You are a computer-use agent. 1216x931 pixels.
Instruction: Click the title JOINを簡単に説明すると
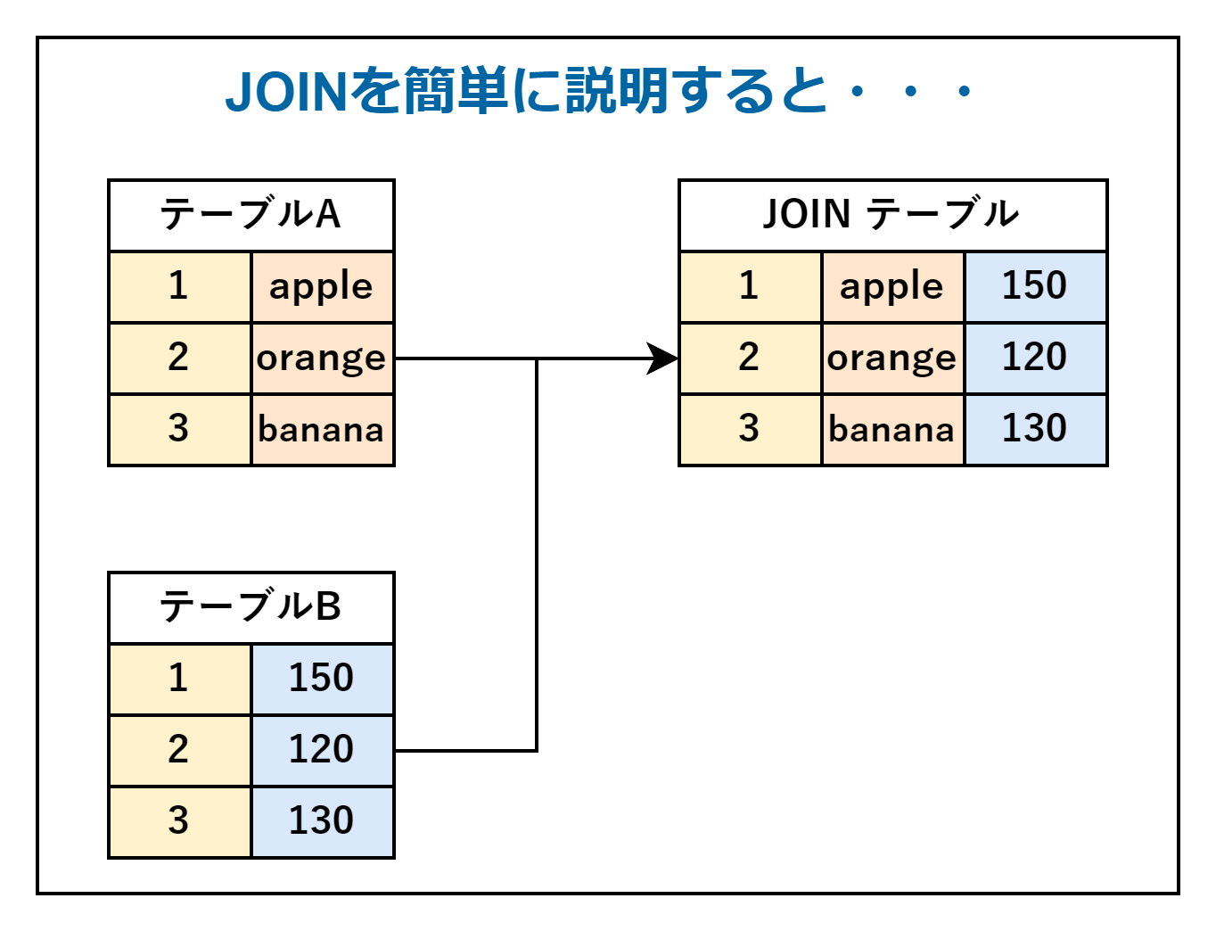599,91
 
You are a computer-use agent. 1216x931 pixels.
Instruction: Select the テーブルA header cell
251,215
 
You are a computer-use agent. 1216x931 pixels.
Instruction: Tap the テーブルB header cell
251,607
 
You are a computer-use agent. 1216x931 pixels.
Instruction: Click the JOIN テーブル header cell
892,215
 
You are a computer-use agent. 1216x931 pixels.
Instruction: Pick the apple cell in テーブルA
322,287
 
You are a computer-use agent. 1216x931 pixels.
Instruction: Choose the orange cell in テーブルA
322,358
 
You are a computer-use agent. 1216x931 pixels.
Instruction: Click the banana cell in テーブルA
322,430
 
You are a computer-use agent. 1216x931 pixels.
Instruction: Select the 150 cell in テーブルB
322,679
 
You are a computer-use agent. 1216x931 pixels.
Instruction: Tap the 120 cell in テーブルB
322,750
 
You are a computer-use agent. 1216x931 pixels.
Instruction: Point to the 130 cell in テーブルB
322,821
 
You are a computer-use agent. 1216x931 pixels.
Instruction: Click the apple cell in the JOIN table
892,287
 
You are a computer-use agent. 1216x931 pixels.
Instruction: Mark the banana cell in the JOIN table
892,430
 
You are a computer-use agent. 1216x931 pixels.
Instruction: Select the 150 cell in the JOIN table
1035,287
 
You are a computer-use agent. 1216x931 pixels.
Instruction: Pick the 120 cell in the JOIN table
1035,358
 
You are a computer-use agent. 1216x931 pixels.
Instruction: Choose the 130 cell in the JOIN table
1035,430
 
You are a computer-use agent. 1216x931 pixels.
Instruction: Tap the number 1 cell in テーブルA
179,287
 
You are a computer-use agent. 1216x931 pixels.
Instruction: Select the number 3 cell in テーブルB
179,821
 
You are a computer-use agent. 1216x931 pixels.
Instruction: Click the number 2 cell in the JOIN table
750,358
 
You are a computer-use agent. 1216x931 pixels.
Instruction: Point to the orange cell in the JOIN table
892,358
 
